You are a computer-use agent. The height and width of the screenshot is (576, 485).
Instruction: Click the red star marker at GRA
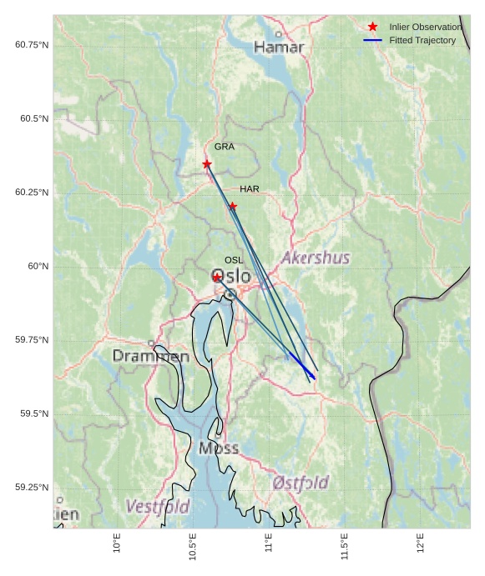pyautogui.click(x=207, y=164)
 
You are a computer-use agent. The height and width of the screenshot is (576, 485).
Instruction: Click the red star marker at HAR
pyautogui.click(x=233, y=206)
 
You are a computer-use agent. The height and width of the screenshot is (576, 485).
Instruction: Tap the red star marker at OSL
pyautogui.click(x=217, y=278)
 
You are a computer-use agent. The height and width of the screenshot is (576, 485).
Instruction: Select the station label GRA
pyautogui.click(x=224, y=147)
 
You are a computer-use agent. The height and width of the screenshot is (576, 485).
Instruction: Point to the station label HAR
pyautogui.click(x=250, y=189)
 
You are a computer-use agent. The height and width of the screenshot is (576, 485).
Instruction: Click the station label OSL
pyautogui.click(x=234, y=261)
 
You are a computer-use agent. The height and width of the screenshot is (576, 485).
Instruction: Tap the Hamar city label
pyautogui.click(x=279, y=48)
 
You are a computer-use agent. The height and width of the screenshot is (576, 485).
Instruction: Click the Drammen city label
pyautogui.click(x=151, y=357)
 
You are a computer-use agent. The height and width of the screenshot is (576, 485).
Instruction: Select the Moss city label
pyautogui.click(x=219, y=448)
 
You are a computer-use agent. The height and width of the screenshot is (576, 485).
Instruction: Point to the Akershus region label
pyautogui.click(x=316, y=258)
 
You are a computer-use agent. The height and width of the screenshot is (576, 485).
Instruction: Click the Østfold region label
pyautogui.click(x=301, y=483)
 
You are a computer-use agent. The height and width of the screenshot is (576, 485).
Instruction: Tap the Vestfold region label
pyautogui.click(x=157, y=506)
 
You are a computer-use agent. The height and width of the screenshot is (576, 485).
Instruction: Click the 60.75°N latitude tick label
pyautogui.click(x=32, y=44)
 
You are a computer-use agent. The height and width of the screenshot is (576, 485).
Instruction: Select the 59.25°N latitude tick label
pyautogui.click(x=32, y=488)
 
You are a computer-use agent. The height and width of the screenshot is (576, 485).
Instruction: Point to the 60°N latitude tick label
pyautogui.click(x=38, y=267)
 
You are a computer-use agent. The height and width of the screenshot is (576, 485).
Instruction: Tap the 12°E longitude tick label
pyautogui.click(x=421, y=543)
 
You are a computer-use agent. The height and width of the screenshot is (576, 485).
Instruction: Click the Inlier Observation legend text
pyautogui.click(x=425, y=27)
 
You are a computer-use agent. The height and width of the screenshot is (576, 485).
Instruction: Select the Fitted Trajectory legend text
pyautogui.click(x=422, y=40)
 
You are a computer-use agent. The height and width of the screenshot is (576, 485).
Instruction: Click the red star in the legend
pyautogui.click(x=372, y=27)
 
